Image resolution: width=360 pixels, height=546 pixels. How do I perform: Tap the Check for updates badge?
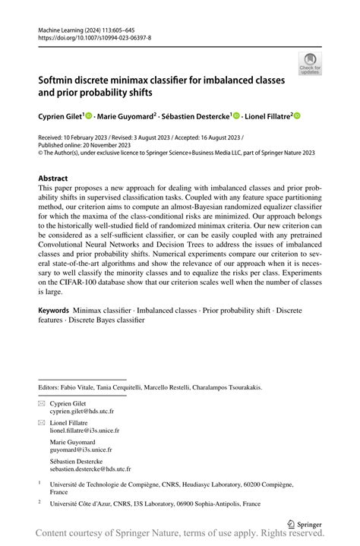pos(309,64)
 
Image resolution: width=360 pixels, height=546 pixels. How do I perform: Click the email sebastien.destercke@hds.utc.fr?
pos(90,469)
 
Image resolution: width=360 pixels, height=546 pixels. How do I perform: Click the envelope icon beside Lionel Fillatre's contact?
pos(42,422)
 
